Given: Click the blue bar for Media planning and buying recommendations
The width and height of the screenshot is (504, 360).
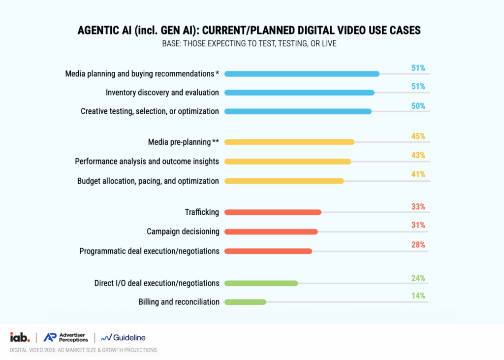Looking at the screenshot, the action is (302, 74).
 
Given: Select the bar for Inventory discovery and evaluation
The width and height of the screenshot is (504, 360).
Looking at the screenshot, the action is (299, 93).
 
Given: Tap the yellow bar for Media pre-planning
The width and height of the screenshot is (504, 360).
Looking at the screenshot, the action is (289, 142).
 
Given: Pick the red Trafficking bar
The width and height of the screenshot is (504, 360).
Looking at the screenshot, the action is (273, 212).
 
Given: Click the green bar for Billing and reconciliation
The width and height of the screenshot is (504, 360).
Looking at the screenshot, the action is (245, 302).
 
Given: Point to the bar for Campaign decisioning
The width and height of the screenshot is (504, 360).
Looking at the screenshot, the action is (271, 231).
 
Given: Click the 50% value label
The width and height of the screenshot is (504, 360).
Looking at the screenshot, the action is (418, 106).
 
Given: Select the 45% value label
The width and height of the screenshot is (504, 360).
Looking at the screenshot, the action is (418, 136).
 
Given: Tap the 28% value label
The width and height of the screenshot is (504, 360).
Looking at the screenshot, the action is (418, 245).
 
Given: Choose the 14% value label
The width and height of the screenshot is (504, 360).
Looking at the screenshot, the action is (418, 295).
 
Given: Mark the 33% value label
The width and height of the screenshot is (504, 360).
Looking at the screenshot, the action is (418, 206).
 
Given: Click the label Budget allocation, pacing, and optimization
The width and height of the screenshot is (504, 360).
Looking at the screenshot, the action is (148, 181).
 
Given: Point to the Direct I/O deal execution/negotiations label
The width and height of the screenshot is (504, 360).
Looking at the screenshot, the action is (157, 283).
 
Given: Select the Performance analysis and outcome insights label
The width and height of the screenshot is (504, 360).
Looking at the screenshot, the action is (147, 161).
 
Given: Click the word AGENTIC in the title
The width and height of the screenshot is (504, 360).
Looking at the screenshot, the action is (98, 30).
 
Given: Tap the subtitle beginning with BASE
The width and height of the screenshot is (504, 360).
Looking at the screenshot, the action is (249, 44).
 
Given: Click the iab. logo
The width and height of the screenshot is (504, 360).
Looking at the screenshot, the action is (20, 337).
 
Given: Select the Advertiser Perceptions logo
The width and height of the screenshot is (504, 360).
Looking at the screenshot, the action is (65, 337).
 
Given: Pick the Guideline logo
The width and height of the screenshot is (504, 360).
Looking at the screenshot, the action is (123, 337).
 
